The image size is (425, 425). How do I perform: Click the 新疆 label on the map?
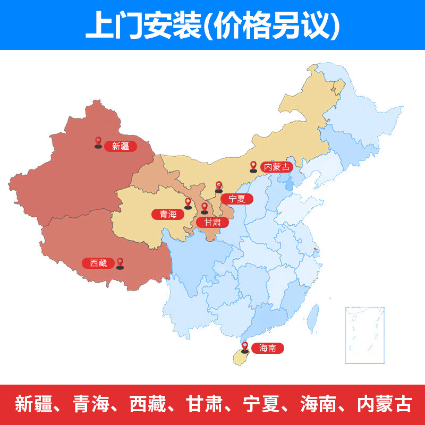pos(121,146)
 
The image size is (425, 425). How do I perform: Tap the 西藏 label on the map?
pos(98,263)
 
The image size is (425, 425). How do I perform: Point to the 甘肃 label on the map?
pos(212,222)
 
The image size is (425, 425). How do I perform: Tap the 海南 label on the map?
pos(268,348)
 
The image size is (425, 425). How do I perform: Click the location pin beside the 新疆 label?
pos(98,142)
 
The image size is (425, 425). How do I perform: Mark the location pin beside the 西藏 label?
pos(120,263)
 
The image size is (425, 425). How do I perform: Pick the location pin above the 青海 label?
pos(188,203)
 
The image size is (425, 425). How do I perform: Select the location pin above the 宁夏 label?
pos(218,186)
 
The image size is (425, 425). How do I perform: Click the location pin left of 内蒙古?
pos(253,167)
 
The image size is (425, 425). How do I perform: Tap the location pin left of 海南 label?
pos(245,347)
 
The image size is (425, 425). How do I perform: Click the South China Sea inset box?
pos(364,335)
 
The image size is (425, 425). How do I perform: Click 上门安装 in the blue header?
pos(143,24)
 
